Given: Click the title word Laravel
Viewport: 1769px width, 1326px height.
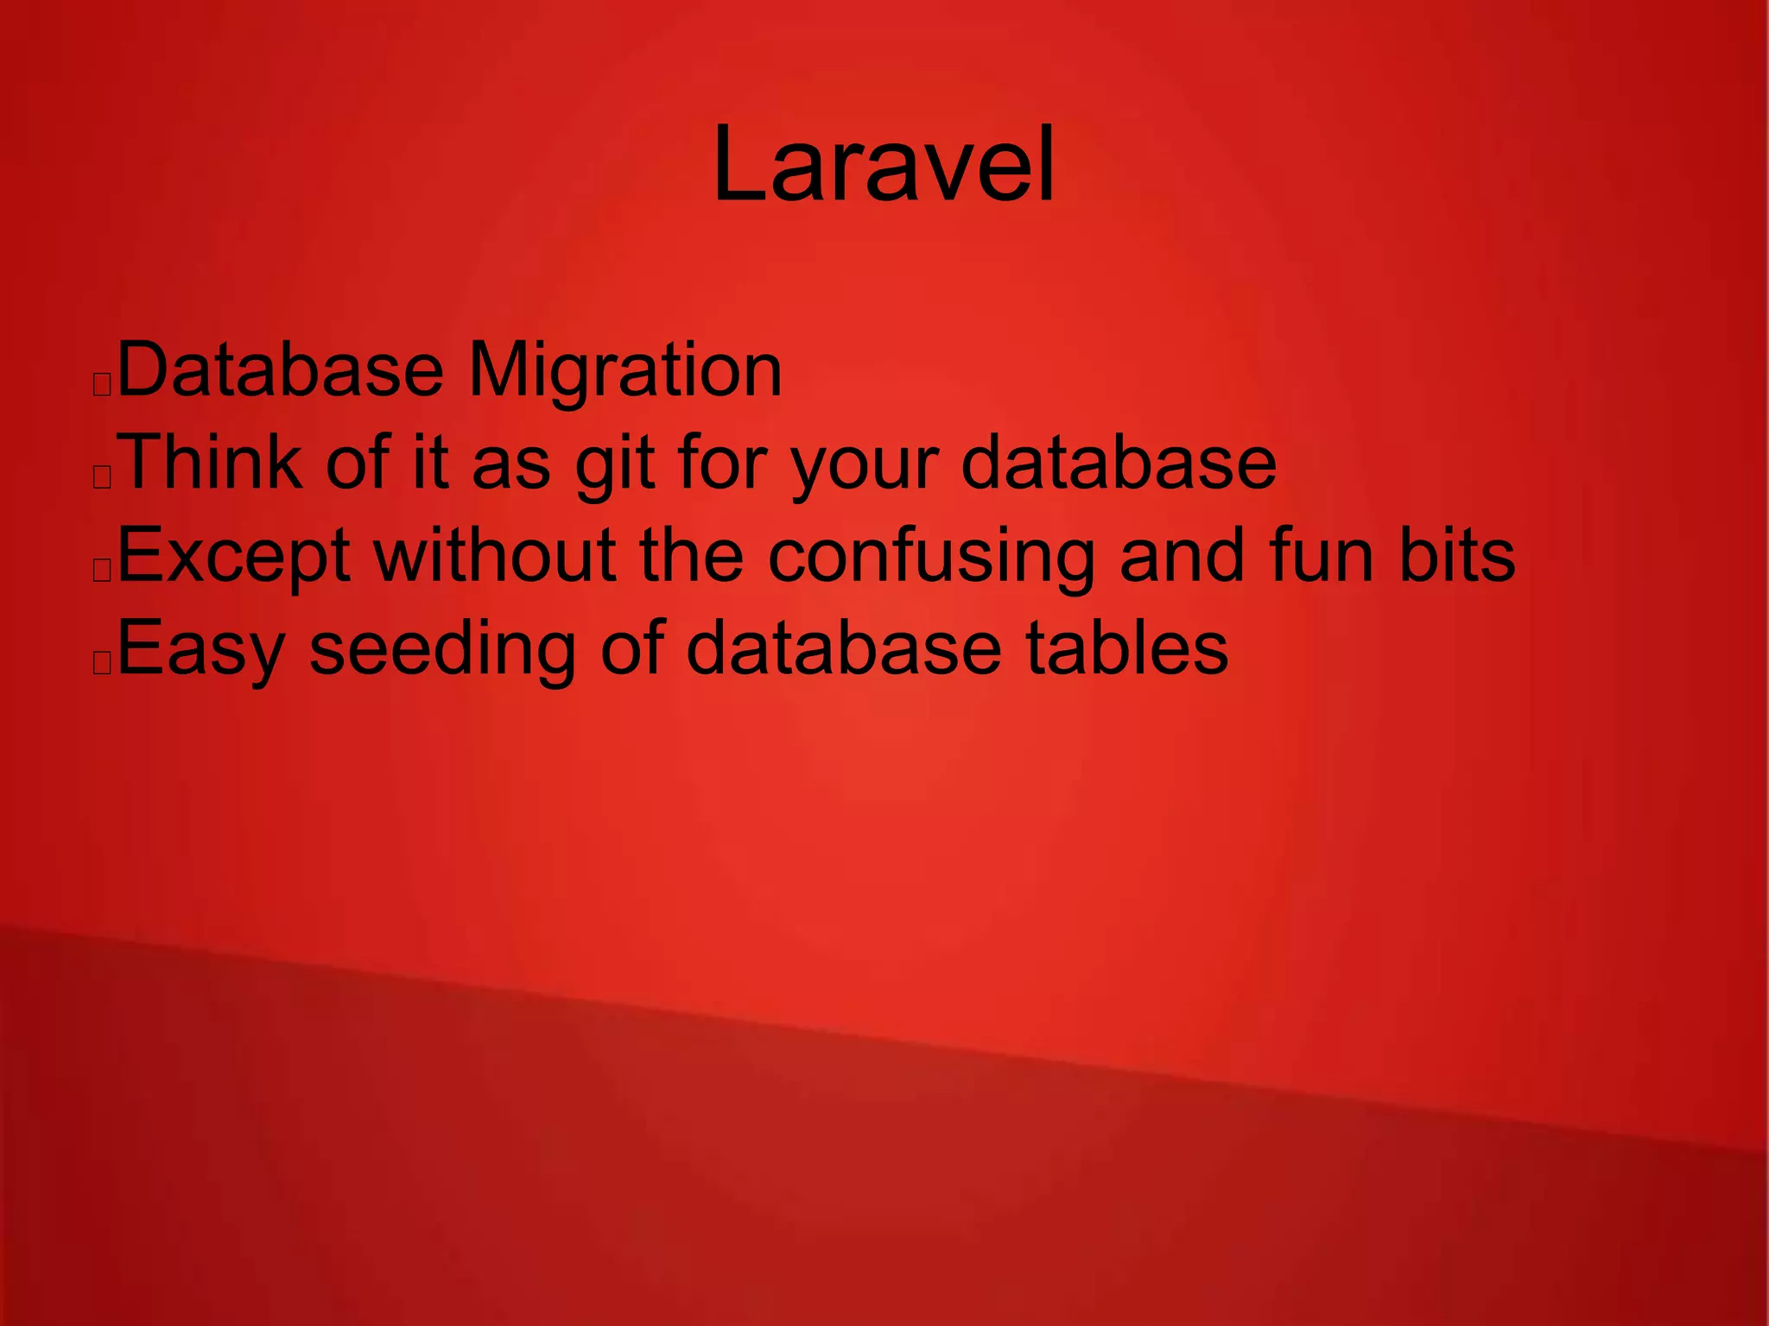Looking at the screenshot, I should pyautogui.click(x=884, y=164).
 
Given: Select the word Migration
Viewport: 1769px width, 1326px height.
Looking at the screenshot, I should pyautogui.click(x=625, y=371).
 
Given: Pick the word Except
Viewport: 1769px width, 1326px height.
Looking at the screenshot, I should pyautogui.click(x=233, y=558).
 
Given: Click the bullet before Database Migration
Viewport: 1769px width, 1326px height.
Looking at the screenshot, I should pyautogui.click(x=102, y=384).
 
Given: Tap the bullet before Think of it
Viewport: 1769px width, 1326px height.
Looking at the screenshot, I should pyautogui.click(x=102, y=477).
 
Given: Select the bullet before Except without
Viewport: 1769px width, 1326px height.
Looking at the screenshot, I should pyautogui.click(x=102, y=570).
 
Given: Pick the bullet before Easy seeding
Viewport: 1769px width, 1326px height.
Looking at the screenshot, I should pyautogui.click(x=102, y=663).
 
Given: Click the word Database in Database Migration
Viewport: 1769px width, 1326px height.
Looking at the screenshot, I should pyautogui.click(x=280, y=371).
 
